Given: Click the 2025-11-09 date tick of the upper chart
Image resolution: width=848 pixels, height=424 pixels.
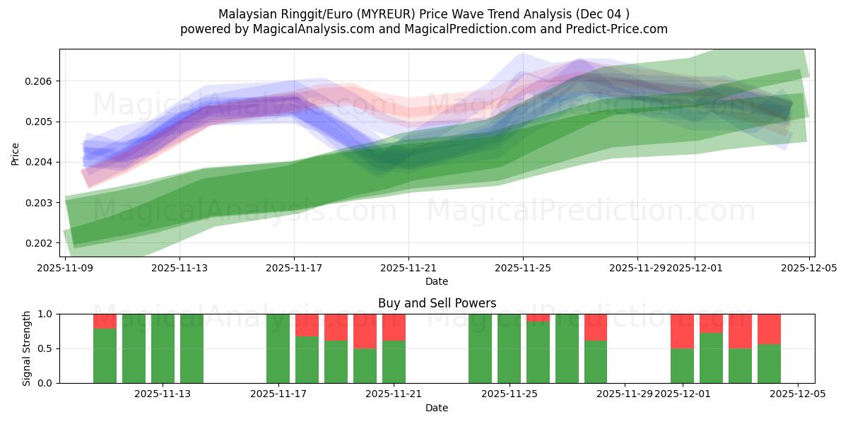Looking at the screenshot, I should [x=65, y=268].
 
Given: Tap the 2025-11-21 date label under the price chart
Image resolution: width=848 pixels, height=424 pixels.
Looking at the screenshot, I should [x=408, y=268].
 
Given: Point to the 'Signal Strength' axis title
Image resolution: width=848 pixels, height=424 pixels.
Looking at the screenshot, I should [x=26, y=348].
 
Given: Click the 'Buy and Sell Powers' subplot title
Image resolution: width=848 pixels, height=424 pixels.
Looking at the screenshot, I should [x=437, y=303].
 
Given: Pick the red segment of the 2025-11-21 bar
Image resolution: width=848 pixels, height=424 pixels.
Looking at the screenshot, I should [x=394, y=327].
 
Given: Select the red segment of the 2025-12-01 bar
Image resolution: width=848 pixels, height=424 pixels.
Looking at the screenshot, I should [x=682, y=331].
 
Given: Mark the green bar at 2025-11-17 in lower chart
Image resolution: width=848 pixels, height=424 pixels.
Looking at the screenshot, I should [x=278, y=348].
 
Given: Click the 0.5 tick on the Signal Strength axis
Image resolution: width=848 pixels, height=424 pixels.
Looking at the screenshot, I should [x=45, y=348].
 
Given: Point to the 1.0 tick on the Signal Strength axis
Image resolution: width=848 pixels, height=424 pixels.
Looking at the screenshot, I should [x=45, y=314].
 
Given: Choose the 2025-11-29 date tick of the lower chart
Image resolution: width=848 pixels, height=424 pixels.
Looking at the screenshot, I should [x=625, y=394].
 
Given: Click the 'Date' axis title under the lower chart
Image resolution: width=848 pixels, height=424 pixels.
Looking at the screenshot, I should [x=437, y=408].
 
